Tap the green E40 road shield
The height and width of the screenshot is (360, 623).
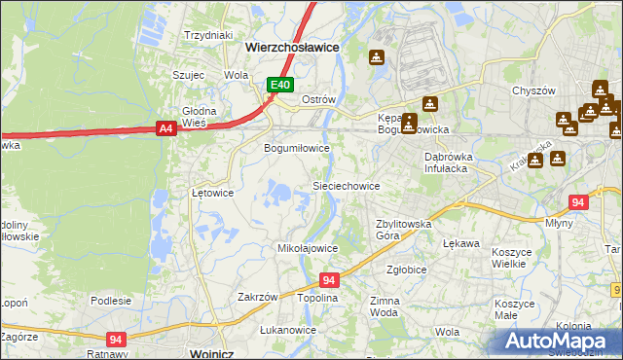280,86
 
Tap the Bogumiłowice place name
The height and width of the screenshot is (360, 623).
298,149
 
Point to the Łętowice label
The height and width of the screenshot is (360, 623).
212,193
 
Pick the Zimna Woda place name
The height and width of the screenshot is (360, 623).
384,307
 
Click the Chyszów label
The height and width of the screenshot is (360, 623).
533,90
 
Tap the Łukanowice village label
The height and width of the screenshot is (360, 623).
288,330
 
